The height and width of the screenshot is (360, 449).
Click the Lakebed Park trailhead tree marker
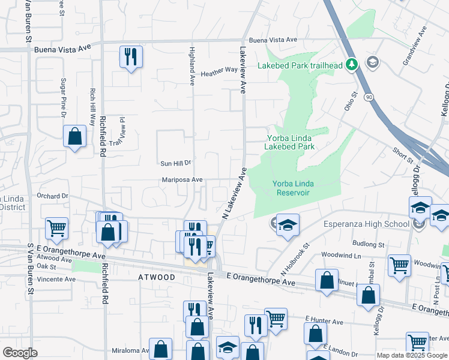point(353,64)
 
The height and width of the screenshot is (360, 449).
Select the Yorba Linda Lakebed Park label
point(291,142)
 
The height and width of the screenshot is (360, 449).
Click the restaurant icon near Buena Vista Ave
point(131,57)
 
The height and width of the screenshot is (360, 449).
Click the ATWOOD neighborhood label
point(157,277)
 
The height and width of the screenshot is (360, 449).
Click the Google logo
point(20,353)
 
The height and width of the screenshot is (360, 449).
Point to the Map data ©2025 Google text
point(412,355)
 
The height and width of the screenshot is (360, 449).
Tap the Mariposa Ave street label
point(182,179)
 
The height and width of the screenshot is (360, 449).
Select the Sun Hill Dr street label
point(175,163)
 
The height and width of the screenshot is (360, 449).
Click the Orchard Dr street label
point(53,196)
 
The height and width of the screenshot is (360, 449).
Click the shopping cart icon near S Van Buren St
point(57,228)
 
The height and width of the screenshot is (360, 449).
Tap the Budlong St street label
point(369,244)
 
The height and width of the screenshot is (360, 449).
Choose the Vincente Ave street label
point(56,279)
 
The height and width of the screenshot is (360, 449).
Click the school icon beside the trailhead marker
point(373,62)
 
